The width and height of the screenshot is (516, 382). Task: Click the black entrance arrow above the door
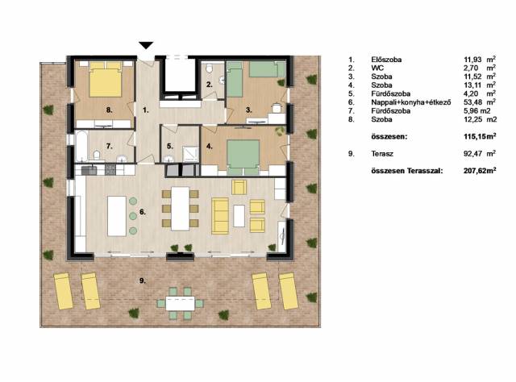146,45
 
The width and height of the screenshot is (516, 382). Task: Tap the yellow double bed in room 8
106,80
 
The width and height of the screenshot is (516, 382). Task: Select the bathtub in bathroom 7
81,147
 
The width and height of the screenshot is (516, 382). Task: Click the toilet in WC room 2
210,69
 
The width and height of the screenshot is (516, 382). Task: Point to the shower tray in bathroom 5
191,154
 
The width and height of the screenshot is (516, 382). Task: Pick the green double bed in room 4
243,157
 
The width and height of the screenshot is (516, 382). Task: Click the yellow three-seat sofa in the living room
220,216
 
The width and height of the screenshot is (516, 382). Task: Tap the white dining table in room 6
181,209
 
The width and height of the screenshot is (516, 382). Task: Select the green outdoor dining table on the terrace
181,303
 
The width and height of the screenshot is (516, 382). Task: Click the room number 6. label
142,212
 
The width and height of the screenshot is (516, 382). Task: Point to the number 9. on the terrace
142,280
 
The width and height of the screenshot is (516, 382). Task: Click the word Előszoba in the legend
386,60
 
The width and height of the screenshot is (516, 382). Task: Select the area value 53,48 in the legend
472,102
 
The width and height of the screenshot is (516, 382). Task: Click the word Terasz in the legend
382,154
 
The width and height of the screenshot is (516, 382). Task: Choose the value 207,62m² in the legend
480,170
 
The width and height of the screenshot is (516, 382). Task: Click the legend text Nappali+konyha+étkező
411,102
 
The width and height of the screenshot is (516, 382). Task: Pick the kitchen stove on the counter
110,169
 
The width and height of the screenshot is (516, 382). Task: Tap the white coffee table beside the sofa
239,216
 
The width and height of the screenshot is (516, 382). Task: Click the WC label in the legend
377,69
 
